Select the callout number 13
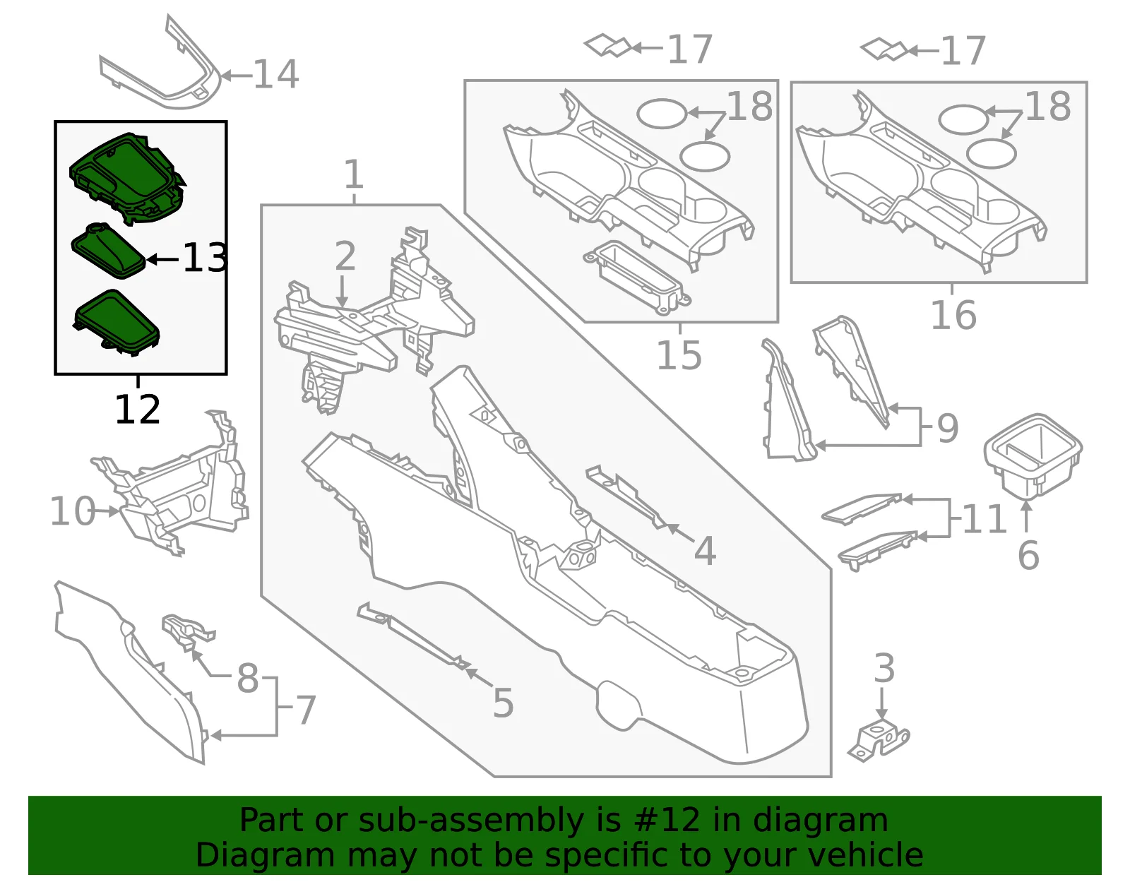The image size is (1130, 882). pyautogui.click(x=205, y=258)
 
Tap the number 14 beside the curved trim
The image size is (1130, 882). pyautogui.click(x=275, y=74)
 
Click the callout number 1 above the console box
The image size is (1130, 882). pyautogui.click(x=354, y=174)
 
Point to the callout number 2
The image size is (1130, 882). pyautogui.click(x=345, y=256)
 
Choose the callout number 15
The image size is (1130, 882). pyautogui.click(x=679, y=355)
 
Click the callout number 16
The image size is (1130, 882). pyautogui.click(x=953, y=315)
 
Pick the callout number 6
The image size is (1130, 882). pyautogui.click(x=1028, y=555)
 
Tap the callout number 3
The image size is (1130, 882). pyautogui.click(x=884, y=668)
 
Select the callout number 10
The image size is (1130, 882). pyautogui.click(x=73, y=511)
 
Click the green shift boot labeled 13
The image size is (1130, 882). pyautogui.click(x=108, y=251)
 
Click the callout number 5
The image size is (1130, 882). pyautogui.click(x=503, y=703)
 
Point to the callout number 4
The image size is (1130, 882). pyautogui.click(x=705, y=550)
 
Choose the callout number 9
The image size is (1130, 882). pyautogui.click(x=948, y=428)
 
